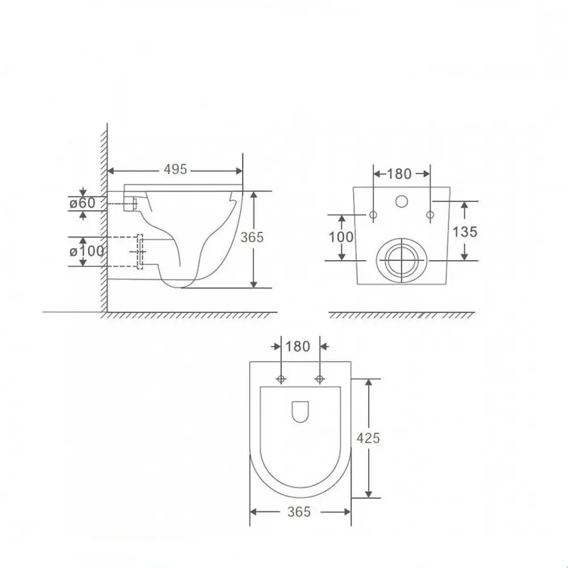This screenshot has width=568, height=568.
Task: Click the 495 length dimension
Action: click(175, 169)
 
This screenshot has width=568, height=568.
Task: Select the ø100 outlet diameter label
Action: click(86, 251)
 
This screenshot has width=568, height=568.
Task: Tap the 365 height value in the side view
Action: click(252, 237)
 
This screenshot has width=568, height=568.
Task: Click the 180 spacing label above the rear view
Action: click(399, 173)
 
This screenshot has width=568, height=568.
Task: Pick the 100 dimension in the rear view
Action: click(341, 237)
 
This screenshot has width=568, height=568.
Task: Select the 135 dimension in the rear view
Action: click(465, 231)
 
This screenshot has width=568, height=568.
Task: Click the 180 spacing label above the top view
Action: click(298, 346)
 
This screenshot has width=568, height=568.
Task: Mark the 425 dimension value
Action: click(368, 437)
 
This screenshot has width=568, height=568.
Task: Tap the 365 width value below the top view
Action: click(299, 512)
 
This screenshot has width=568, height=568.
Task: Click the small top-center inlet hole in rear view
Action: click(402, 201)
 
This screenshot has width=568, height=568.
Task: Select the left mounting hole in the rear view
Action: click(373, 215)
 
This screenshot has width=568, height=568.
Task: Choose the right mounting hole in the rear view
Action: click(430, 215)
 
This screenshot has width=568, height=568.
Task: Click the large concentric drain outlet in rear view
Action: click(402, 260)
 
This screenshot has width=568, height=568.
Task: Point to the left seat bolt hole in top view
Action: click(281, 379)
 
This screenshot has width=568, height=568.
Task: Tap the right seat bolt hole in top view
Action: click(319, 379)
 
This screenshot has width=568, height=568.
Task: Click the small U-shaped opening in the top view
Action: click(300, 412)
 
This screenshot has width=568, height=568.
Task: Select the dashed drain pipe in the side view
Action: click(140, 251)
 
